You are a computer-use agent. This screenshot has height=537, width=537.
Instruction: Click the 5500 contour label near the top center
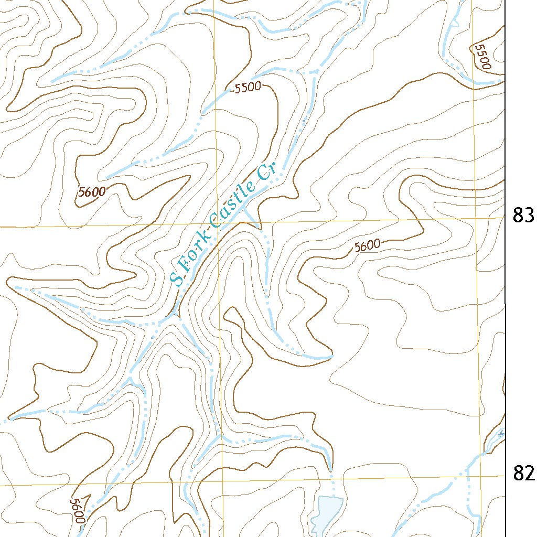point(248,88)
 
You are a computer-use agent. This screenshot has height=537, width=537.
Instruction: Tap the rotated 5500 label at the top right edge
point(481,57)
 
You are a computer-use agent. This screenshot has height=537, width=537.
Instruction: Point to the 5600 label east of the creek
point(367,245)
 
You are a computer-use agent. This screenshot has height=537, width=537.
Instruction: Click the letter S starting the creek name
point(178,278)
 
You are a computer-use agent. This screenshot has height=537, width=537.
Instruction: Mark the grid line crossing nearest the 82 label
point(482,476)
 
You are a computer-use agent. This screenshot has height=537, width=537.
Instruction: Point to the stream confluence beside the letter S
point(176,317)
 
